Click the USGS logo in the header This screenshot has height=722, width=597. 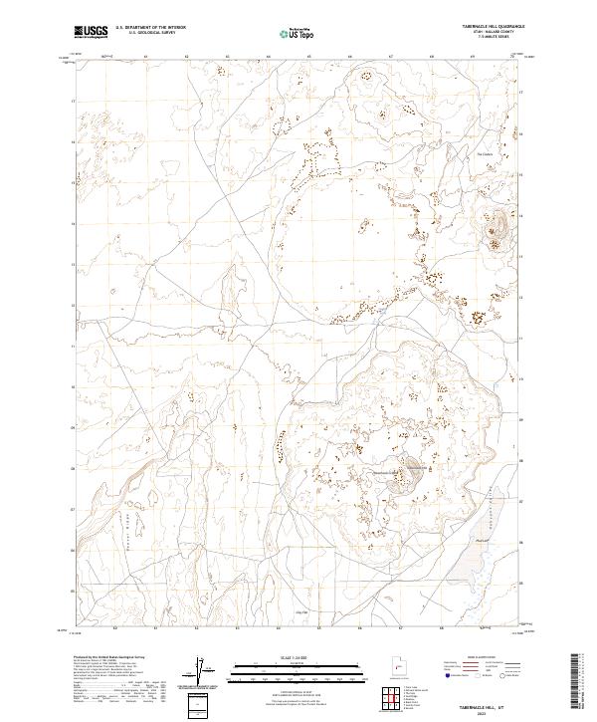91,33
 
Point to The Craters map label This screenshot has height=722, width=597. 485,154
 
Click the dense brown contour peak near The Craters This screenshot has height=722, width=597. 496,236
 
